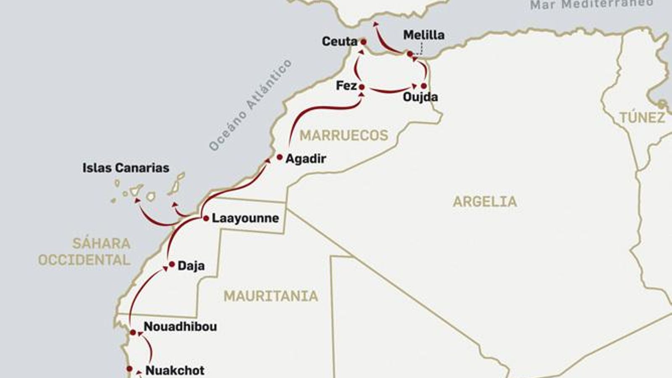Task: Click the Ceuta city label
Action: coord(339,41)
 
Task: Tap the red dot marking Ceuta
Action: coord(363,42)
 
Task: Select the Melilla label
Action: coord(424,35)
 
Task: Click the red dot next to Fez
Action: coord(362,87)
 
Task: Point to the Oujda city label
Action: coord(420,97)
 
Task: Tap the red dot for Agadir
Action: coord(280,157)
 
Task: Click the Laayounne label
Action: coord(245,218)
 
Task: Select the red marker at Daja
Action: coord(171,264)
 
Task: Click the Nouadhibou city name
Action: coord(180,326)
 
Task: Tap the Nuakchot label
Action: coord(175,370)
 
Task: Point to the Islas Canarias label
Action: coord(126,168)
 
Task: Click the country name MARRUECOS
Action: coord(344,135)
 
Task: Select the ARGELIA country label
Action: coord(485,202)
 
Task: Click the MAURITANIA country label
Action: coord(270,296)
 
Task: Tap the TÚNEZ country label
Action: coord(642,118)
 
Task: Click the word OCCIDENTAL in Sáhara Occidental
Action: coord(84,260)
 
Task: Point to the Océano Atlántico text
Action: coord(250,105)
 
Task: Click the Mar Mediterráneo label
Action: coord(591,5)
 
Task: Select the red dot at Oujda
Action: coord(424,86)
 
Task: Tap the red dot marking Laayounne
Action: coord(206,218)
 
